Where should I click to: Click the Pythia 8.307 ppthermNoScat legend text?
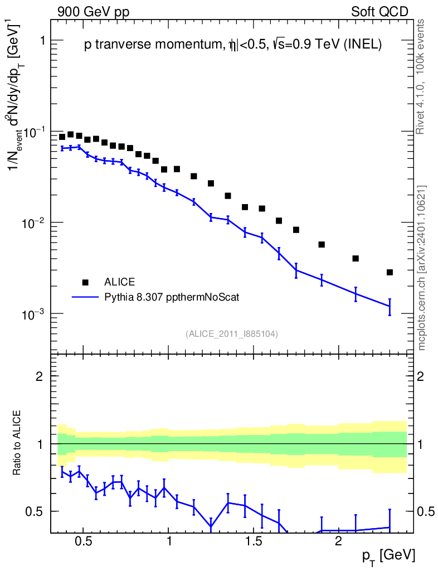click(172, 297)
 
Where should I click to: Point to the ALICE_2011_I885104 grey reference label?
click(232, 333)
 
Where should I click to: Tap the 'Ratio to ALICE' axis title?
click(17, 443)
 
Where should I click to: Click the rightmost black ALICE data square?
click(390, 272)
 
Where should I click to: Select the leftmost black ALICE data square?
click(62, 137)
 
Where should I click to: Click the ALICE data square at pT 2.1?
click(356, 258)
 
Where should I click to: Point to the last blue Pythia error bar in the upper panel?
click(390, 306)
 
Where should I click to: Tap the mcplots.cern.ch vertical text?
click(422, 268)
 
